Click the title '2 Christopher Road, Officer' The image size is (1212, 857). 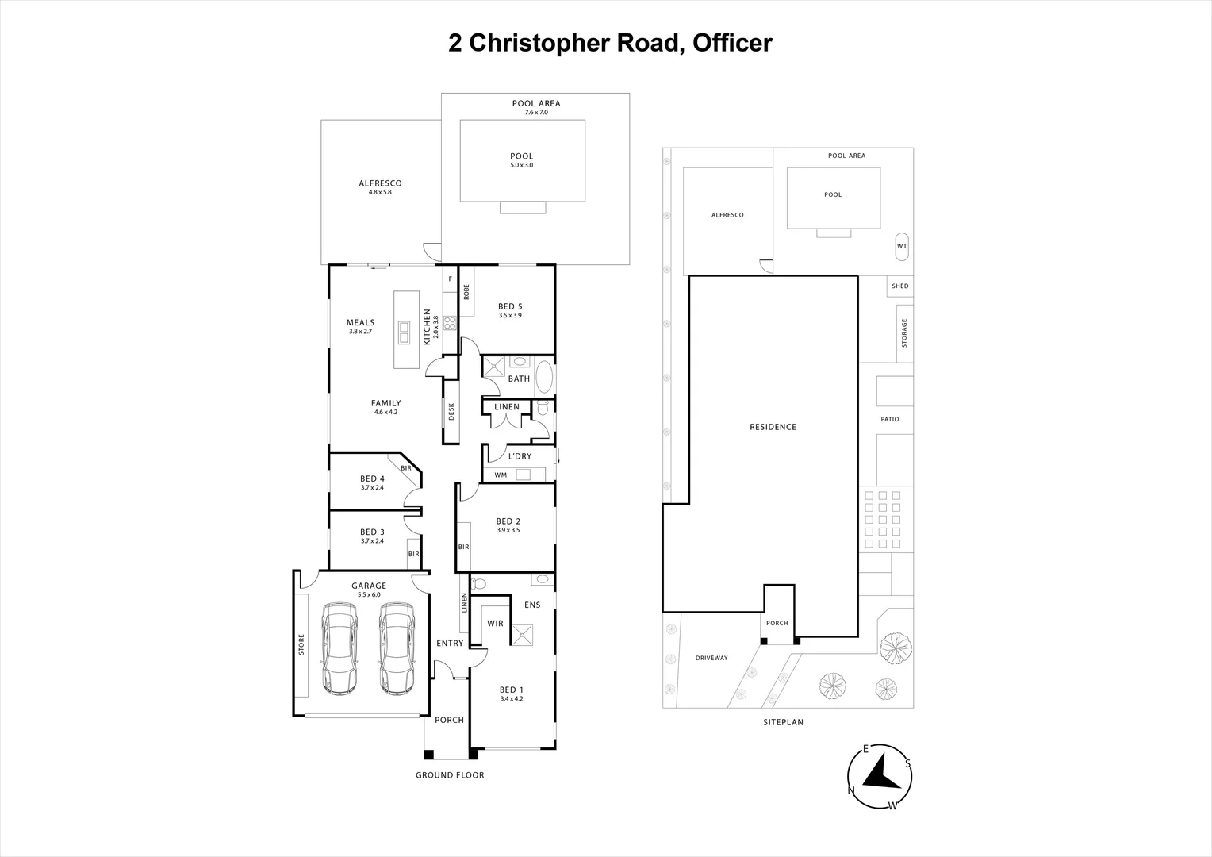tap(610, 43)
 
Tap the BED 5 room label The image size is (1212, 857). tap(510, 306)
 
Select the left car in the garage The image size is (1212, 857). tap(339, 648)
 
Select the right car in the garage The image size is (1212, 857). tap(397, 648)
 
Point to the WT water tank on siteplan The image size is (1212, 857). tap(902, 246)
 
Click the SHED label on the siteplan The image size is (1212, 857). tap(899, 286)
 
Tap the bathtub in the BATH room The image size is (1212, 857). tap(544, 378)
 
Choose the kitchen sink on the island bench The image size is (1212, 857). tap(405, 332)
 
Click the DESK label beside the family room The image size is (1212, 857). tap(451, 411)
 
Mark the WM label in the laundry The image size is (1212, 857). tap(501, 475)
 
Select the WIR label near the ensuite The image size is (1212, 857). tap(496, 624)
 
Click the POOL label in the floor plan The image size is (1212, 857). tap(522, 156)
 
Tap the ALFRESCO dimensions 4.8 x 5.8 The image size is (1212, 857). tap(380, 192)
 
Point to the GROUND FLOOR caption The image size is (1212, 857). tap(450, 775)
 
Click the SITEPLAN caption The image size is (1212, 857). tap(783, 722)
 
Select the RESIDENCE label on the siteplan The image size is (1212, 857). tap(773, 427)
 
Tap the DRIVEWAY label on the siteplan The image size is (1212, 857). tap(711, 658)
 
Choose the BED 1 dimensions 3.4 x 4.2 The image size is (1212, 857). tap(512, 699)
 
